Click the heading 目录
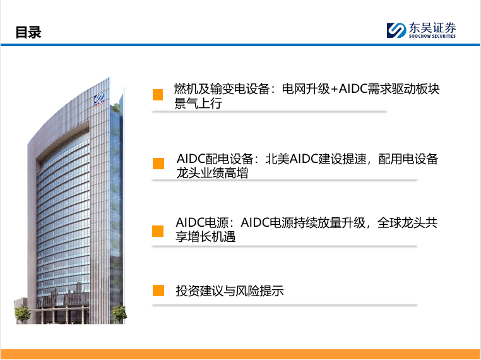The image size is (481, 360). [x=28, y=32]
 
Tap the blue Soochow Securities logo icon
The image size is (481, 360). [x=396, y=30]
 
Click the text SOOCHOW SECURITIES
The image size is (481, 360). [x=432, y=36]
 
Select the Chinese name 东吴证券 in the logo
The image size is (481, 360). [x=432, y=28]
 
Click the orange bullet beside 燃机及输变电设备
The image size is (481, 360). [x=158, y=95]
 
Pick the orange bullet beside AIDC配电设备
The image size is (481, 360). [x=158, y=164]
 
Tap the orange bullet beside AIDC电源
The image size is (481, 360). [x=158, y=231]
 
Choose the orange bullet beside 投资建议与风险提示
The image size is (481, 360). [x=158, y=291]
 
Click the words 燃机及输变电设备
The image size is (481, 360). [x=222, y=88]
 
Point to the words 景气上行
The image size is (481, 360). [x=198, y=104]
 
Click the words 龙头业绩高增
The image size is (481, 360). [x=212, y=173]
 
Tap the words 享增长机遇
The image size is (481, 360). [x=205, y=237]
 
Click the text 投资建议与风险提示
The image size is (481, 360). [x=230, y=291]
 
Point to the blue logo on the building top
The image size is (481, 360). [x=99, y=99]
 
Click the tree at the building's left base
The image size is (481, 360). [x=22, y=314]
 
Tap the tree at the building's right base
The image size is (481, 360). [x=119, y=313]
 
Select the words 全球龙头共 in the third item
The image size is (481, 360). [x=407, y=222]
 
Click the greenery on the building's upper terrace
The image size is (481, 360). [x=116, y=108]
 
